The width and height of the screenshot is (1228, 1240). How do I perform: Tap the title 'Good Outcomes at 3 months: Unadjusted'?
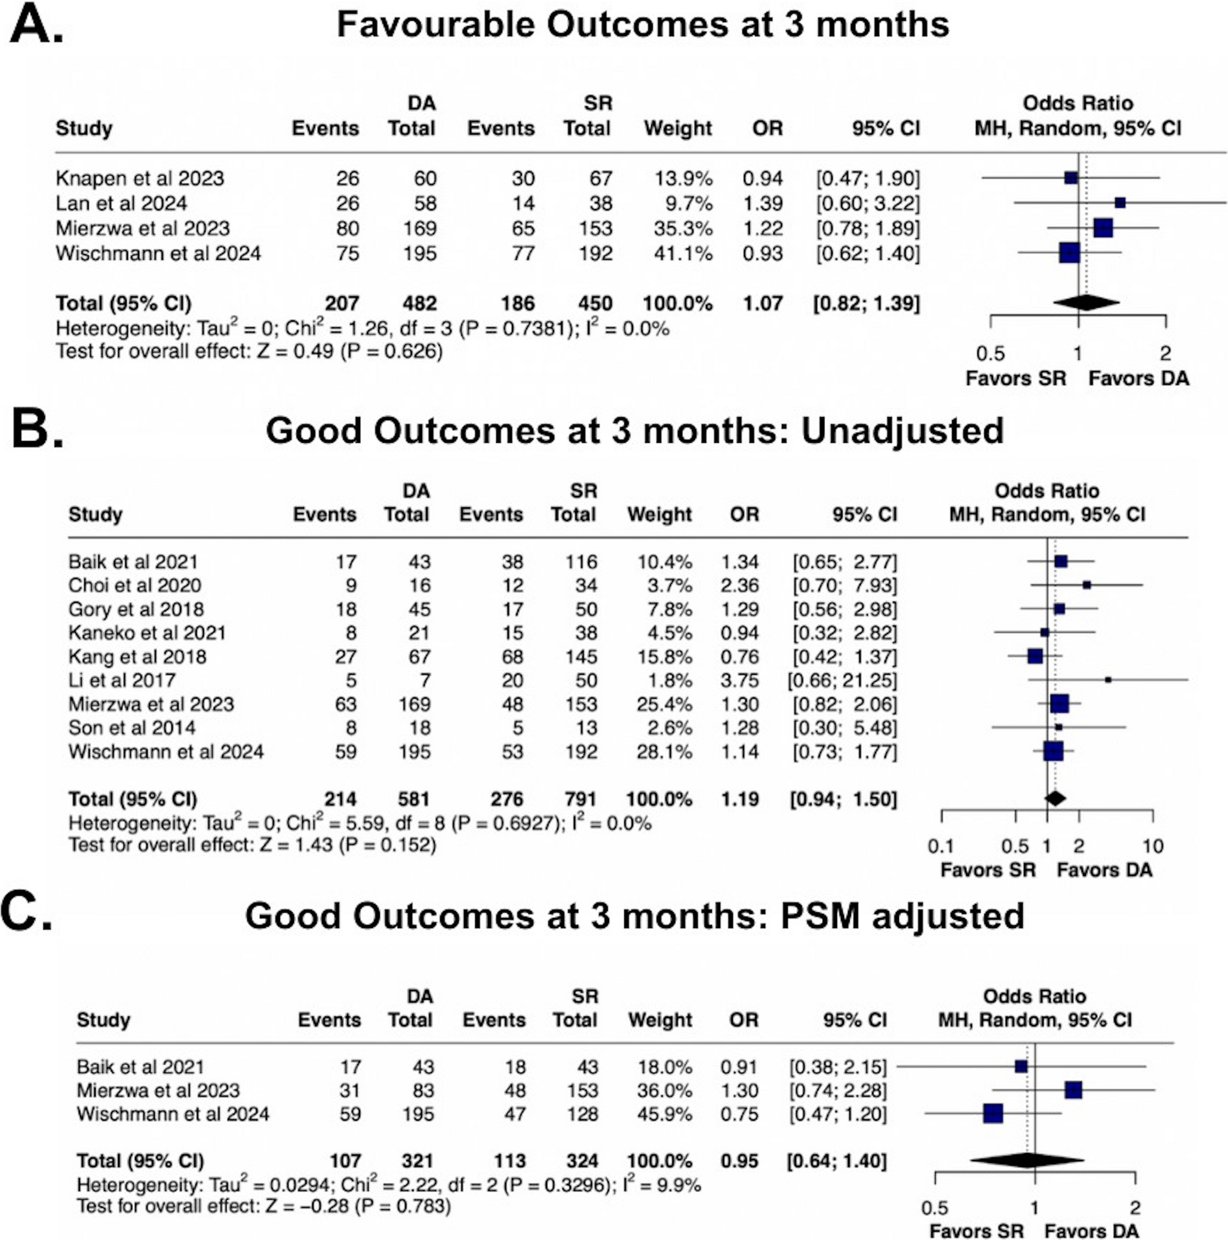[634, 431]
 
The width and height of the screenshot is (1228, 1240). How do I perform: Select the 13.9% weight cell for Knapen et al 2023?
[683, 179]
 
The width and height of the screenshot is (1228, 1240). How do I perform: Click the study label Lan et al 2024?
[121, 203]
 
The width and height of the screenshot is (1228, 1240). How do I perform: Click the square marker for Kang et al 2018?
[1035, 656]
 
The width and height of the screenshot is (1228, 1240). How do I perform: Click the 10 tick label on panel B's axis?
[1153, 846]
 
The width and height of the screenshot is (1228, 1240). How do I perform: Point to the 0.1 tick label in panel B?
[941, 846]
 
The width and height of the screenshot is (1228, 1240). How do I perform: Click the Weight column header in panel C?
[659, 1020]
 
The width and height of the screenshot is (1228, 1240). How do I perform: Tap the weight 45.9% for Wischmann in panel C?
[665, 1113]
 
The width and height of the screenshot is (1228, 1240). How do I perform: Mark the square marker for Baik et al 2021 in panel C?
[1021, 1067]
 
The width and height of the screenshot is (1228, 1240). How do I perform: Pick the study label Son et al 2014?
[131, 728]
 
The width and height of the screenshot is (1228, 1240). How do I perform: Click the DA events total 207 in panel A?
[341, 304]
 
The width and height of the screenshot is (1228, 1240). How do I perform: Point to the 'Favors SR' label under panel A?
[1015, 378]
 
